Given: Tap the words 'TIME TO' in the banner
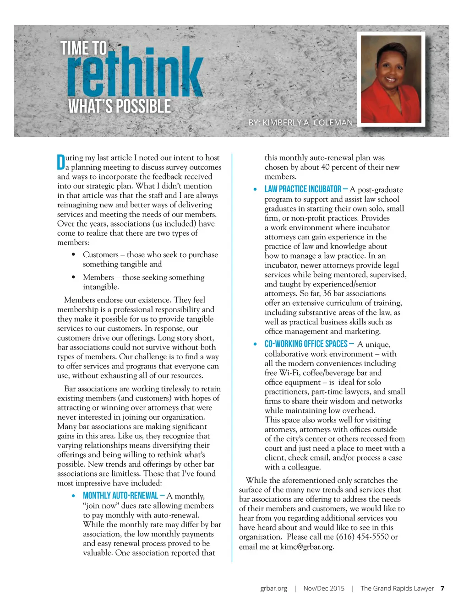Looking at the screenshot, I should (84, 48).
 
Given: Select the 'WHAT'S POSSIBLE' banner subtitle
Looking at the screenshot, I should (120, 107).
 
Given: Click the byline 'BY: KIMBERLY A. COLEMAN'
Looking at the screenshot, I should (300, 123).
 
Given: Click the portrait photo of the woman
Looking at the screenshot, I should (391, 79).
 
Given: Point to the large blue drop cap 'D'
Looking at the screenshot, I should (61, 162).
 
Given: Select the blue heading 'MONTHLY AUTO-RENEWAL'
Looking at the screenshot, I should (120, 496).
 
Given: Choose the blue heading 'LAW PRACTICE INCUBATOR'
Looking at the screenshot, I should (303, 189).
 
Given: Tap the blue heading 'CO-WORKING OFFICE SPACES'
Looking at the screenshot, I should (306, 344).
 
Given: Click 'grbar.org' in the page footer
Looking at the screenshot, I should (273, 589).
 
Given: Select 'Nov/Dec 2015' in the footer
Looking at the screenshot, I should (324, 589).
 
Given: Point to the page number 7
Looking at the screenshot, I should (442, 589).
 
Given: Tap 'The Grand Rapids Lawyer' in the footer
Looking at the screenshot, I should (397, 589).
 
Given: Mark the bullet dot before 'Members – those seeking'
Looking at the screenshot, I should (73, 277).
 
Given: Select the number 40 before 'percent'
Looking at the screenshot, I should (325, 167).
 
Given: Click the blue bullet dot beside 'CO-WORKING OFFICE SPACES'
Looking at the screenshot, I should (255, 344).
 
